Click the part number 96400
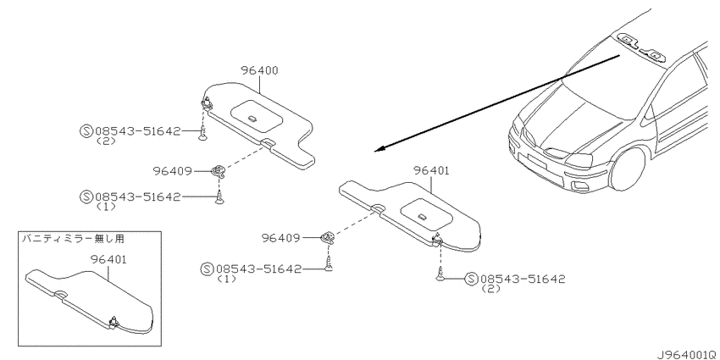(259, 70)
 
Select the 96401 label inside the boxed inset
(108, 259)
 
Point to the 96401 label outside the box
(431, 171)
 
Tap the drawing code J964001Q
(688, 354)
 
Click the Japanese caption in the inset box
(74, 239)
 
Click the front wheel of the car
(627, 169)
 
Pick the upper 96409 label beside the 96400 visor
(172, 171)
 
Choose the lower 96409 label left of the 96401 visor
(280, 238)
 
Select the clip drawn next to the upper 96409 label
(219, 172)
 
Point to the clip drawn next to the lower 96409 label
(328, 237)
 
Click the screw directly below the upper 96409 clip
(220, 198)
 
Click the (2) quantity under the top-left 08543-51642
(106, 141)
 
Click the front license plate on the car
(536, 161)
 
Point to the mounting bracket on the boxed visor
(114, 323)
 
